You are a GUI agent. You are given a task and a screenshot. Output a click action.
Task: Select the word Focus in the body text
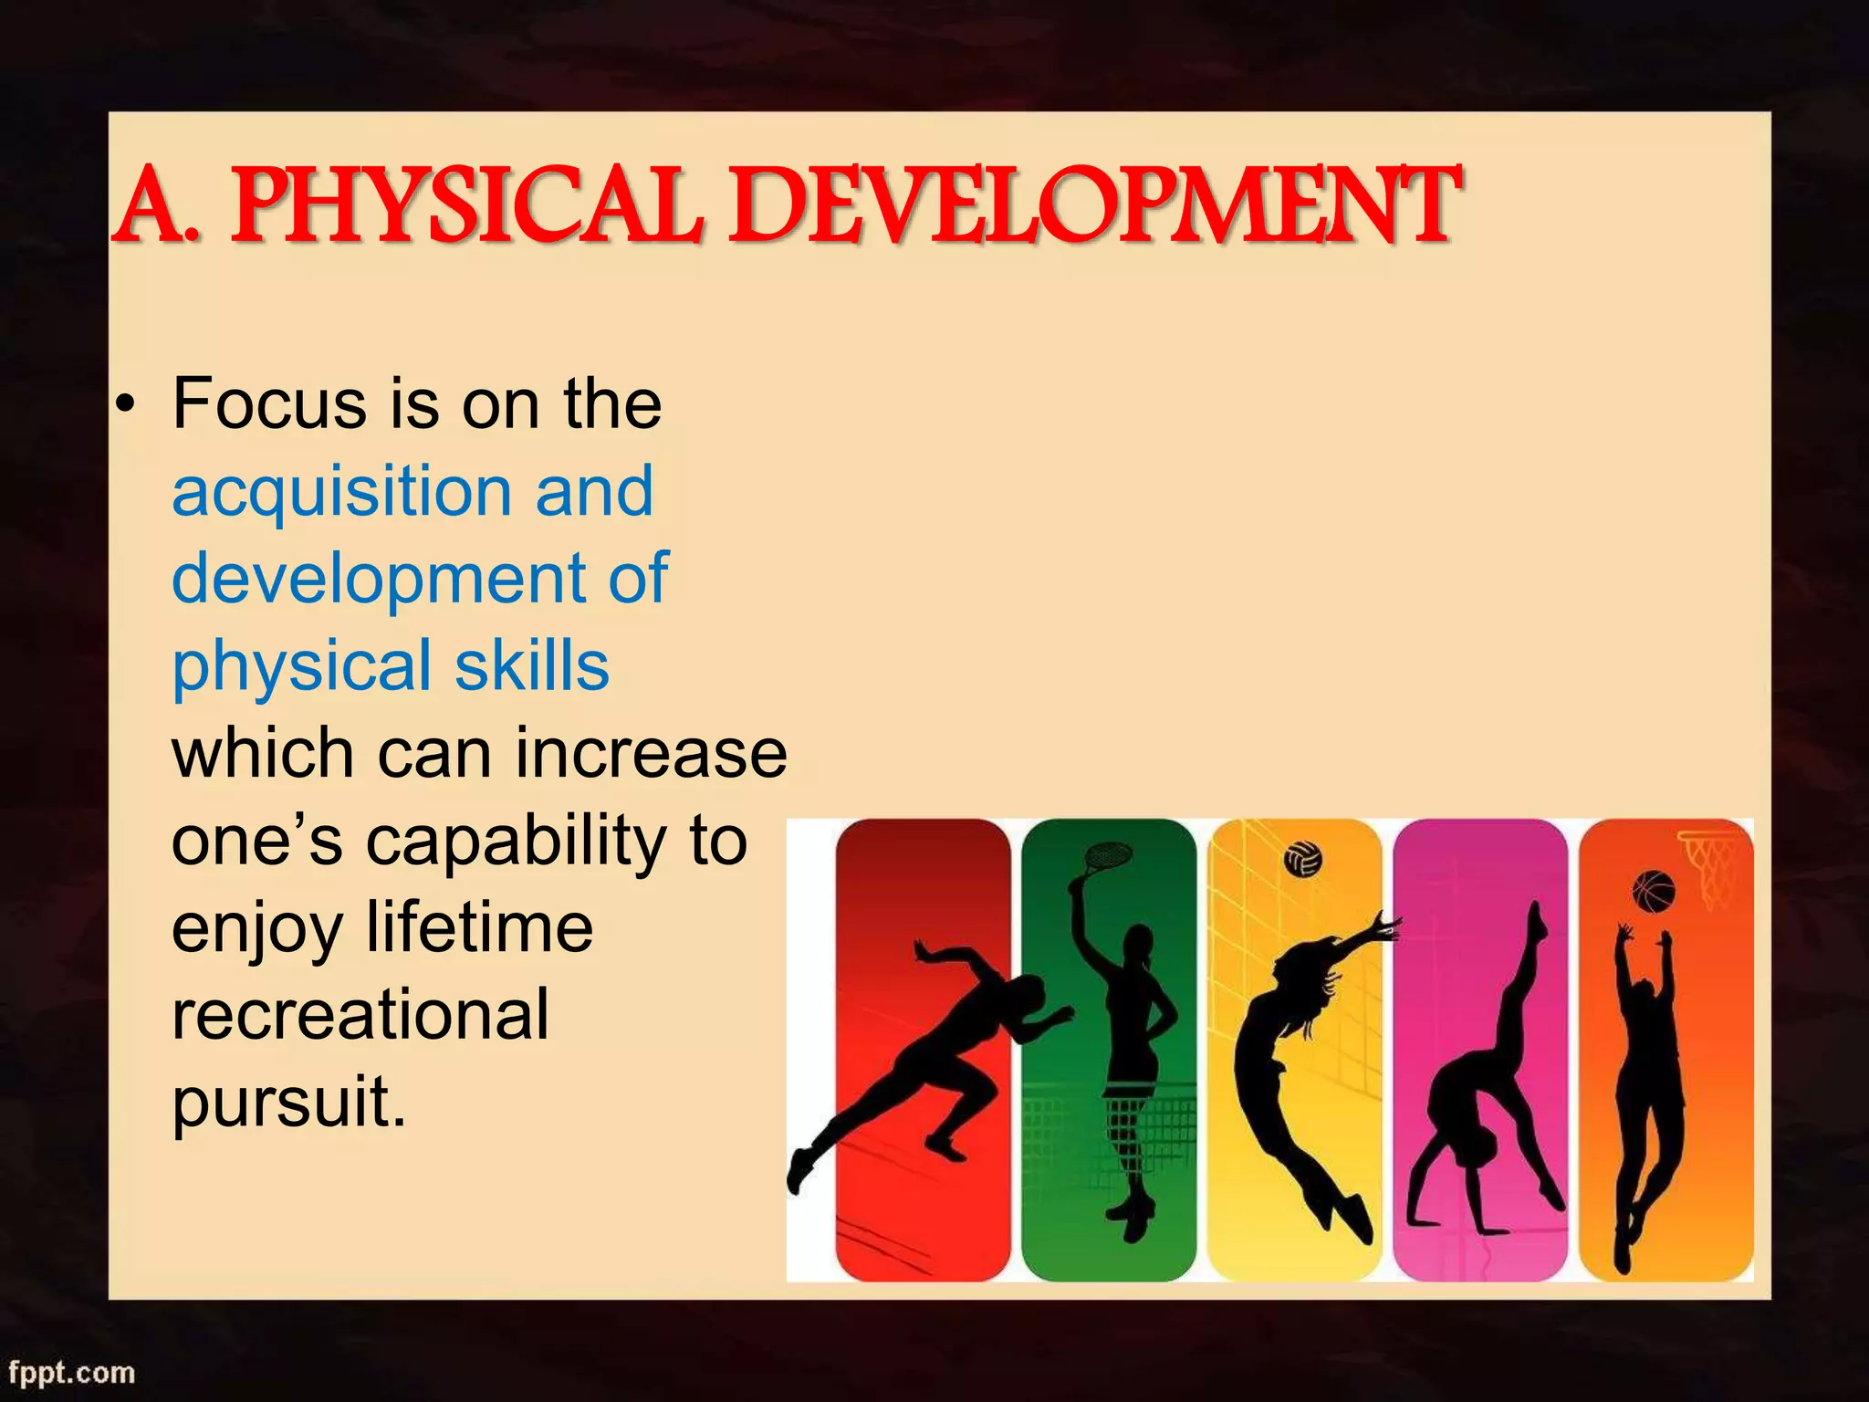tap(270, 403)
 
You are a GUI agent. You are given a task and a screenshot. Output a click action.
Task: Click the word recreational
tap(360, 1015)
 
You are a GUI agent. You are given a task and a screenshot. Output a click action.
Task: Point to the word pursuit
tap(287, 1103)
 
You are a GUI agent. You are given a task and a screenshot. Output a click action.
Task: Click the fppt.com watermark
tap(72, 1372)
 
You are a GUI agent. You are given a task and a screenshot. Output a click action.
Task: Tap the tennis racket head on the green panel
tap(1107, 855)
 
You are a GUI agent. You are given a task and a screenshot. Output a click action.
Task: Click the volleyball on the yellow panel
tap(1302, 859)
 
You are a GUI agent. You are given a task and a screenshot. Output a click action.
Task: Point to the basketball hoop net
tap(1711, 867)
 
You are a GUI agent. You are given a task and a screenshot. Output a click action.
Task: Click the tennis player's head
tap(1138, 945)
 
